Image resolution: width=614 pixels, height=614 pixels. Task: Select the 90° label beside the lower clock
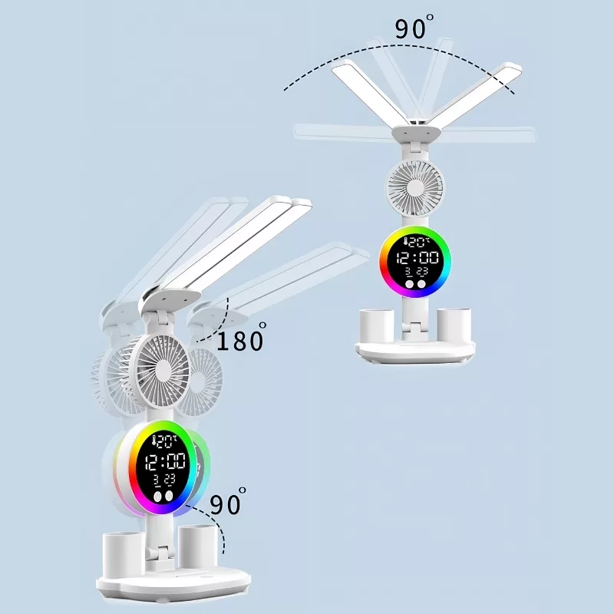tap(228, 501)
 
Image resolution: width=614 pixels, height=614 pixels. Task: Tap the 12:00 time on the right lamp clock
tap(418, 258)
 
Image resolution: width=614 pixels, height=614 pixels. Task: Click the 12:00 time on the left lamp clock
tap(165, 462)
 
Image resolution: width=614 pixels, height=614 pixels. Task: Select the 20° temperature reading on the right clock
tap(416, 243)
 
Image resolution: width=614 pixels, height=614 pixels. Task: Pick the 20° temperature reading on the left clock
tap(165, 442)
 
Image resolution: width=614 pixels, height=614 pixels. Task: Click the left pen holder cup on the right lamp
tap(377, 325)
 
